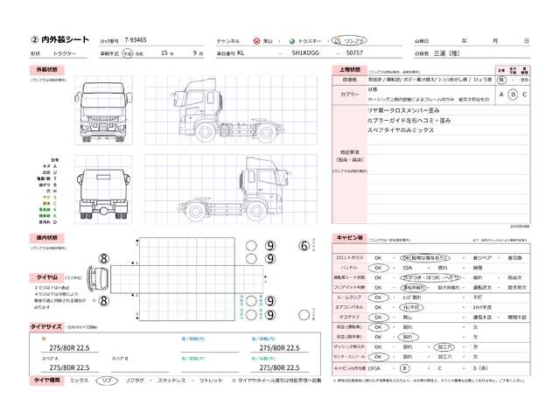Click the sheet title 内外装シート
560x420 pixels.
tap(60, 40)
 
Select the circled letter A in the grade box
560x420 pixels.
tap(501, 94)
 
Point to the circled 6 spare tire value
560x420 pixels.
tap(304, 247)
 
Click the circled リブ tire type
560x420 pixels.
tap(107, 381)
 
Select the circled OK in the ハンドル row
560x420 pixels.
tap(379, 269)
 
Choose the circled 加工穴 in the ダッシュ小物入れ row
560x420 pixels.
tap(444, 346)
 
